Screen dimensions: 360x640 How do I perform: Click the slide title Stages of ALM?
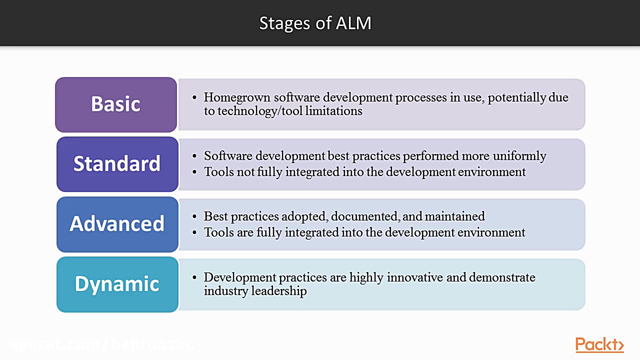coord(315,23)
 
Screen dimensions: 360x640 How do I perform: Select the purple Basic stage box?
coord(116,104)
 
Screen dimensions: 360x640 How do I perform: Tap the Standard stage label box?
coord(117,164)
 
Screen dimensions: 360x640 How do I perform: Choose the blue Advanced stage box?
coord(117,224)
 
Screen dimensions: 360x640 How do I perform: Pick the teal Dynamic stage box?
coord(117,284)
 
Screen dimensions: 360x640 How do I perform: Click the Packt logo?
coord(599,344)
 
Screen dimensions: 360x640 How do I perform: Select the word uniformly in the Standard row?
coord(519,156)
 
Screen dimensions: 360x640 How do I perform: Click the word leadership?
coord(279,291)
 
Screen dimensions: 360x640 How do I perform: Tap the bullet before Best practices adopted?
coord(195,217)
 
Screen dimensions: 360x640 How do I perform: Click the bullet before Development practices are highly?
coord(195,278)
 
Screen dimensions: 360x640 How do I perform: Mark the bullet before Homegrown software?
coord(195,98)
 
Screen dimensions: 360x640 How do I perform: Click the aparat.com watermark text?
coord(100,344)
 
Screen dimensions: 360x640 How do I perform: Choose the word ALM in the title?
coord(354,23)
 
